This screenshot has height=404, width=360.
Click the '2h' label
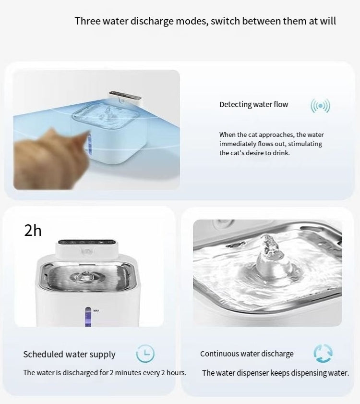pyautogui.click(x=33, y=231)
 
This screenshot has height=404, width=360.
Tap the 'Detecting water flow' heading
pyautogui.click(x=253, y=105)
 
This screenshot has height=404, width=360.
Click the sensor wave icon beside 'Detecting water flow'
pyautogui.click(x=320, y=106)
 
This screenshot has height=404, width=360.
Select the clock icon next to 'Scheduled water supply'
pyautogui.click(x=145, y=354)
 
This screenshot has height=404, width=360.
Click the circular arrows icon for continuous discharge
pyautogui.click(x=323, y=353)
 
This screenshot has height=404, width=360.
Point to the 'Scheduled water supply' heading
pyautogui.click(x=69, y=355)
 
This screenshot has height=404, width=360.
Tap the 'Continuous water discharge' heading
pyautogui.click(x=247, y=354)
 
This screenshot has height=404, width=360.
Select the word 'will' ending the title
pyautogui.click(x=328, y=21)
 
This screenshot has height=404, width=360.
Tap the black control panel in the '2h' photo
pyautogui.click(x=86, y=243)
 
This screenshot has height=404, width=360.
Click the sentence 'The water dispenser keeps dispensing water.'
pyautogui.click(x=276, y=373)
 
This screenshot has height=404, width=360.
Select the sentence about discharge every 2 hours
pyautogui.click(x=105, y=373)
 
